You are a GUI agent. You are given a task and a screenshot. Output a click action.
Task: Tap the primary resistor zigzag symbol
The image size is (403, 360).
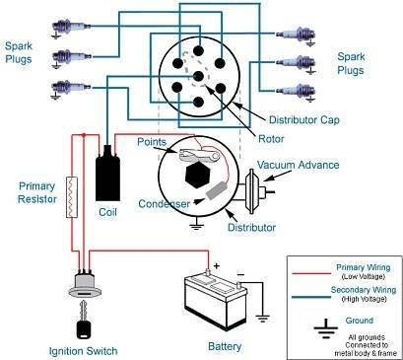[72, 197]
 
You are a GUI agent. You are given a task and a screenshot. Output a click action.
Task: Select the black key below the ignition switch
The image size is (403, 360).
[84, 321]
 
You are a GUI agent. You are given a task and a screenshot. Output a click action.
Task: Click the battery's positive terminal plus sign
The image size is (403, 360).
[216, 265]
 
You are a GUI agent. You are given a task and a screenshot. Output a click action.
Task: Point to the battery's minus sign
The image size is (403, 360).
[240, 274]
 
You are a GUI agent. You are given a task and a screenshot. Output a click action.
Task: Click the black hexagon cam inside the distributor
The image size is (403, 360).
[197, 176]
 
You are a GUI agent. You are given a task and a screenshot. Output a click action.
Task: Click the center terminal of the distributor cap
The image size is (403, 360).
[198, 76]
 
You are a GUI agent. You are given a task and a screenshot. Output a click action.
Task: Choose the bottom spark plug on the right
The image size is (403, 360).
[297, 91]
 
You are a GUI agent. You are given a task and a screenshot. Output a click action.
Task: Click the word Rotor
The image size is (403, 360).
[271, 139]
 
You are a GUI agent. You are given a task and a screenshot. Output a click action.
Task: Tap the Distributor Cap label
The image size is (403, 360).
[303, 120]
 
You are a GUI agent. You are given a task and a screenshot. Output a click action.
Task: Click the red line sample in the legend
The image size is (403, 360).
[311, 273]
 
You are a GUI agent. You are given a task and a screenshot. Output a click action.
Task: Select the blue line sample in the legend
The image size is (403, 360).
[311, 297]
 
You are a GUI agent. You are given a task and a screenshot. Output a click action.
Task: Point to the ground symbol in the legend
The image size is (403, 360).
[325, 328]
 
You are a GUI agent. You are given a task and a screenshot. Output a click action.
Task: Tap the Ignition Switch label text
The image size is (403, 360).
[83, 351]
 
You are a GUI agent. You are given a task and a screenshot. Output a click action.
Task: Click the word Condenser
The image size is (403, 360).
[164, 204]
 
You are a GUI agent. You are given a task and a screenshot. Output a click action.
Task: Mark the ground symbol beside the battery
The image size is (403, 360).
[263, 317]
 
